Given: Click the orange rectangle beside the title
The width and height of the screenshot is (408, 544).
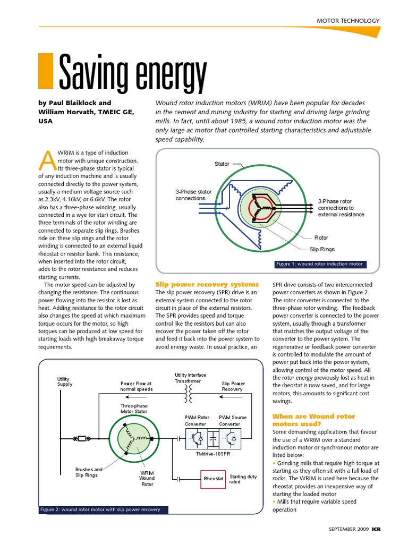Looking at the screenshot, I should pos(46,70).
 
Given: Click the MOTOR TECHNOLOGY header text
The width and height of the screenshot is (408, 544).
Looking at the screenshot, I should pos(348,21).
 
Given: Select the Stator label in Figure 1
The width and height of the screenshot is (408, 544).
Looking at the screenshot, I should pos(222,164).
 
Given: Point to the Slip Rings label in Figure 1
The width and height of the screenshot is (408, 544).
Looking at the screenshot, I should pos(322,249).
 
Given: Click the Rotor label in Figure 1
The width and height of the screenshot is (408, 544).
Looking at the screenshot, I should pos(321,238).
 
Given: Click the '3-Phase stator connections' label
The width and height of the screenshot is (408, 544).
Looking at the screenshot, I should pos(193,195).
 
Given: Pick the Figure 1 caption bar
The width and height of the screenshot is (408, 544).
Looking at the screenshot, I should pos(319,264).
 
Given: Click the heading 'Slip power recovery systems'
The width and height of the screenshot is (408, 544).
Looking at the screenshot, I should pos(207,284).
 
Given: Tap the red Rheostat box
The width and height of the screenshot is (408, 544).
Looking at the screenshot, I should pos(213,479).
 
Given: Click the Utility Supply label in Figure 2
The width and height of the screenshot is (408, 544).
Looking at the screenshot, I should pos(65,381).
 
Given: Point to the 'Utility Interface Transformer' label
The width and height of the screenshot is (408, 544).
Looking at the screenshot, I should pos(190,378).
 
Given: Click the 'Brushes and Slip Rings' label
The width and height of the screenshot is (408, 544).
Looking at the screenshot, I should pos(89,472).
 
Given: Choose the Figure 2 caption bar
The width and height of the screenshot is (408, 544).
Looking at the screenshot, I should pos(103,509).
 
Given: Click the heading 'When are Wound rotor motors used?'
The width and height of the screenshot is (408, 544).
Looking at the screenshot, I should pos(313,420).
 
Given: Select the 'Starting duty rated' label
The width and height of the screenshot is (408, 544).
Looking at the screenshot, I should pos(243,479).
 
